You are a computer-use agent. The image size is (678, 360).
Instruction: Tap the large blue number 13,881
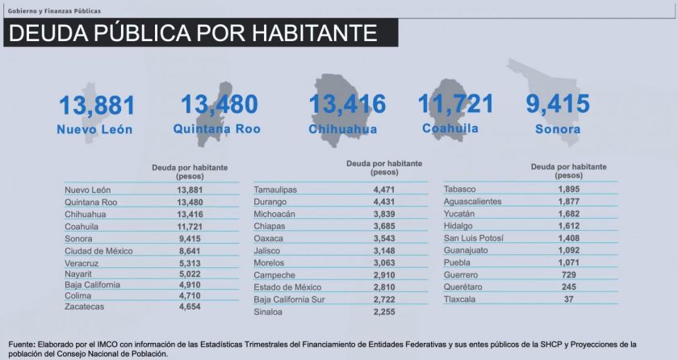tap(97, 106)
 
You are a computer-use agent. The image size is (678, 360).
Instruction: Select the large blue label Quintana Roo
tap(217, 128)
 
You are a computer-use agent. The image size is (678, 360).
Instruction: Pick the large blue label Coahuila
tap(450, 128)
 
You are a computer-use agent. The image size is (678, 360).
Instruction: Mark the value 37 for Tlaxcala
tap(569, 299)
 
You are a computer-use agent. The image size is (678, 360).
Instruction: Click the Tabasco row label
tap(461, 189)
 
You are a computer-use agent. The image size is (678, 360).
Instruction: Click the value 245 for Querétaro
tap(569, 287)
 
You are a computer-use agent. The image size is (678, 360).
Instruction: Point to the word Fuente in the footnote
tap(23, 344)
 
